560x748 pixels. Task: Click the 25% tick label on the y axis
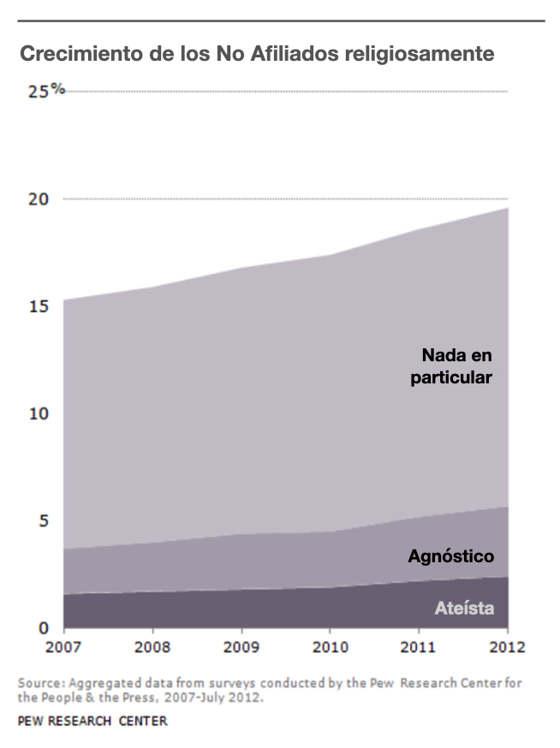(x=45, y=90)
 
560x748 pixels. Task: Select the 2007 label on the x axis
(x=65, y=647)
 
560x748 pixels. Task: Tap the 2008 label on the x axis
(x=153, y=647)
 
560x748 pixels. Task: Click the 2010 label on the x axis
(x=331, y=647)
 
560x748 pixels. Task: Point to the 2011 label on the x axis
(x=419, y=647)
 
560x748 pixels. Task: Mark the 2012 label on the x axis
(x=505, y=647)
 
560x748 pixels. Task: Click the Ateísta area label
(x=465, y=609)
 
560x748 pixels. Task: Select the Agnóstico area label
(x=450, y=557)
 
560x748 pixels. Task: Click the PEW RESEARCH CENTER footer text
(x=92, y=721)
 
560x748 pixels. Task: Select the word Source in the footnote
(x=39, y=684)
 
